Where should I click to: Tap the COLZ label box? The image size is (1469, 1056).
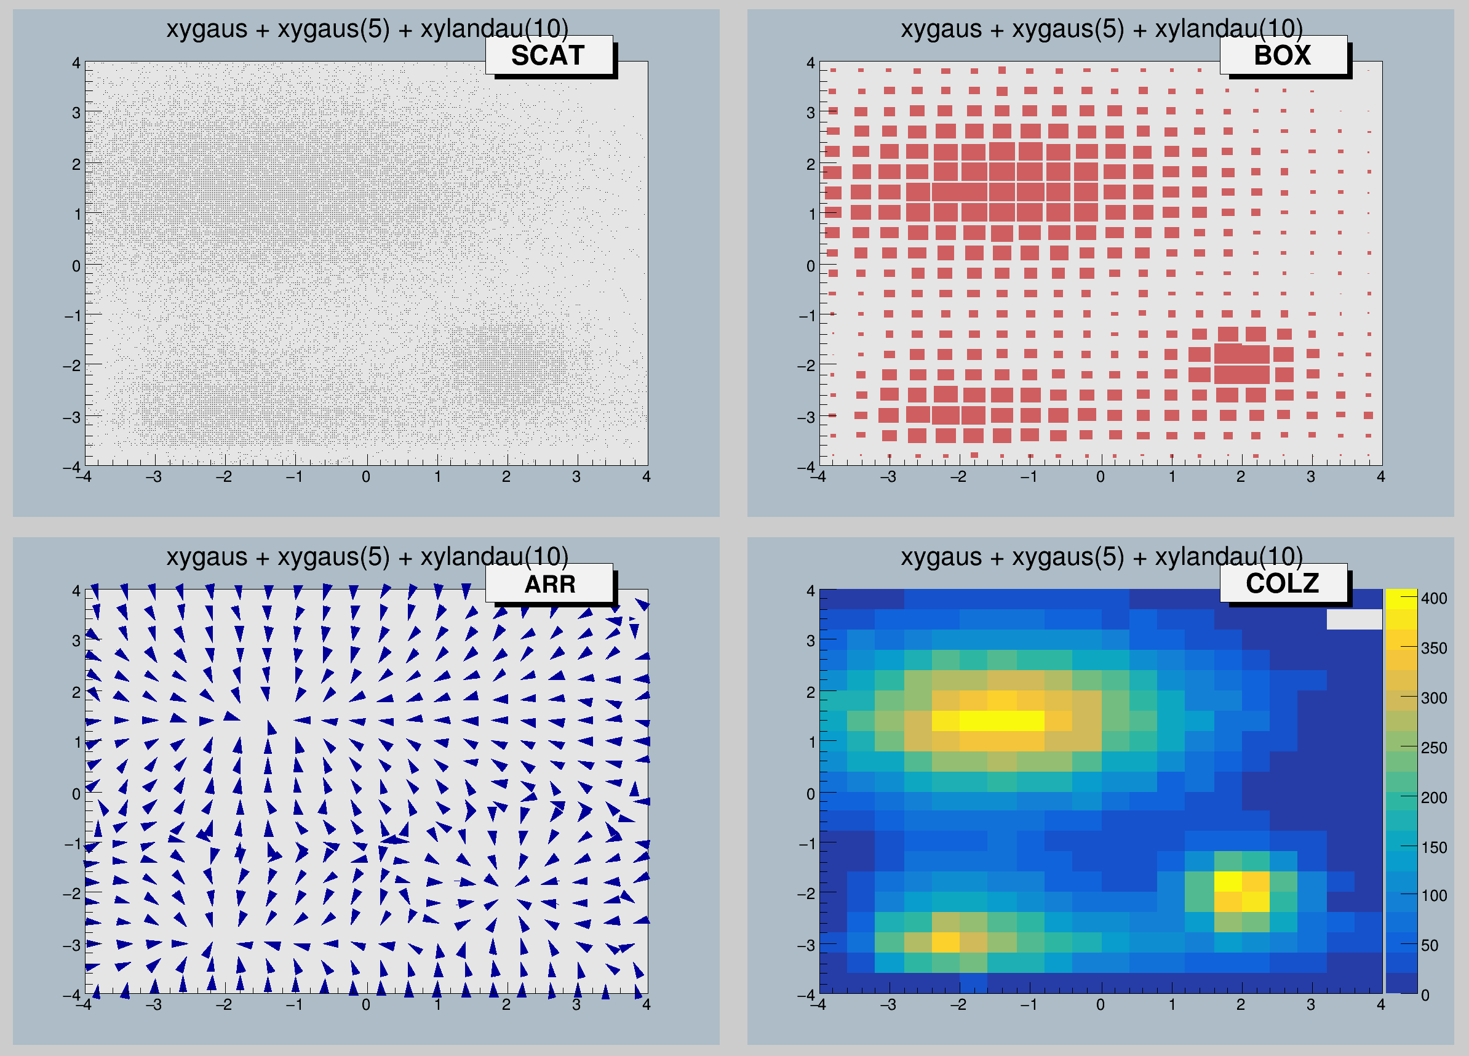[x=1283, y=584]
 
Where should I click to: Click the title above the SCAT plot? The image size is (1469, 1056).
[x=367, y=29]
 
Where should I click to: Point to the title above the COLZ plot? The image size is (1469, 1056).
[x=1101, y=557]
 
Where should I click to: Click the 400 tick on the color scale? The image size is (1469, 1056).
[x=1433, y=598]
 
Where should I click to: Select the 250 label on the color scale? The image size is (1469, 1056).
[x=1433, y=748]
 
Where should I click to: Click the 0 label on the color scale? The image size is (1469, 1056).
[x=1425, y=995]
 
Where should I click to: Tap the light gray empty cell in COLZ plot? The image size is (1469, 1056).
[x=1354, y=618]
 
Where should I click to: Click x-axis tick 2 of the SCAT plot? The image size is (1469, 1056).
[x=506, y=477]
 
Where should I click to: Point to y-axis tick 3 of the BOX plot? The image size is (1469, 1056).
[x=810, y=113]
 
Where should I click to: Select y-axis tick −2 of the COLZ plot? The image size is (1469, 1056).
[x=806, y=894]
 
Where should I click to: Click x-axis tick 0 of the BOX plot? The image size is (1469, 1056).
[x=1101, y=477]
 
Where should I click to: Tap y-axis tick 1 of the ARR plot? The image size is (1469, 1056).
[x=77, y=742]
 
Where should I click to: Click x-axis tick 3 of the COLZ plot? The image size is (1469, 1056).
[x=1310, y=1005]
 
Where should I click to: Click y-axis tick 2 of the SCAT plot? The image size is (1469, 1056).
[x=76, y=164]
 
